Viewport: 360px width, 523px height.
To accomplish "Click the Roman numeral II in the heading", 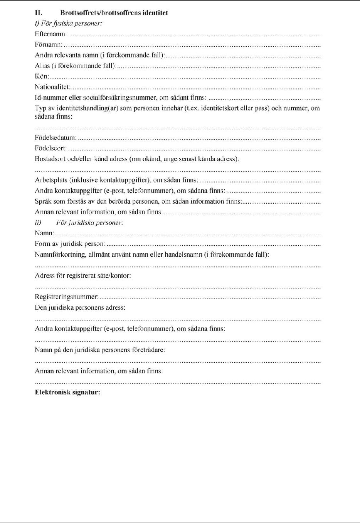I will pyautogui.click(x=39, y=13).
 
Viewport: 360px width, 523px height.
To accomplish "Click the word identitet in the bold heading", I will pyautogui.click(x=155, y=13).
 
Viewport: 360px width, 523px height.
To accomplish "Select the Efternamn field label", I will pyautogui.click(x=50, y=34).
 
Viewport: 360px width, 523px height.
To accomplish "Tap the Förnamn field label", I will pyautogui.click(x=49, y=45).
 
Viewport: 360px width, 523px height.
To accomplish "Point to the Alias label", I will pyautogui.click(x=42, y=66).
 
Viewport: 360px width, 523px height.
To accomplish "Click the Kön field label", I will pyautogui.click(x=42, y=76).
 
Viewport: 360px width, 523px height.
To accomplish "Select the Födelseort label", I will pyautogui.click(x=50, y=148).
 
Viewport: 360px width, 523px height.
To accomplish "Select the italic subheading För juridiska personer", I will pyautogui.click(x=89, y=223).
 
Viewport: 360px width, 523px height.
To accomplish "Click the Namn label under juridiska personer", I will pyautogui.click(x=44, y=233).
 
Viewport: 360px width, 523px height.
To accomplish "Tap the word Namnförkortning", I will pyautogui.click(x=59, y=255).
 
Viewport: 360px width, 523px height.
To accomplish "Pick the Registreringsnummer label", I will pyautogui.click(x=66, y=297).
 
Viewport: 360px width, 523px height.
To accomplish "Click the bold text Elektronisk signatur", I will pyautogui.click(x=67, y=393).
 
